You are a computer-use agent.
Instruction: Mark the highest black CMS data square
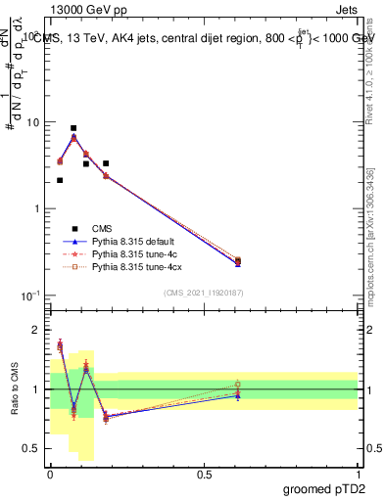tap(73, 128)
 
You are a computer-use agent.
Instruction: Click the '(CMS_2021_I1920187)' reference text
tap(204, 293)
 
